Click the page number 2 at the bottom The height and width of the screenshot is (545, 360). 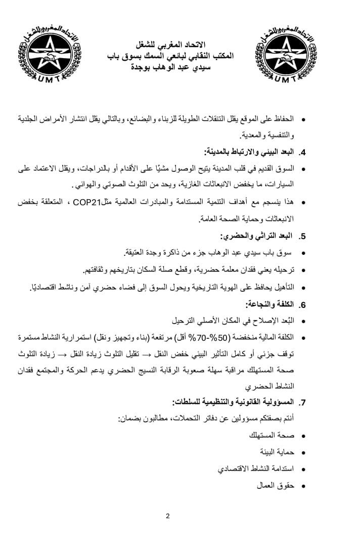click(x=168, y=516)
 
